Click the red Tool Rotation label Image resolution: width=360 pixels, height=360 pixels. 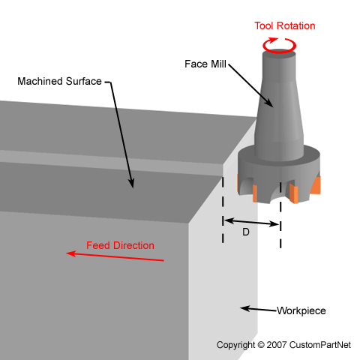point(285,25)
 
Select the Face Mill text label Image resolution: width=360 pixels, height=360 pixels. point(205,64)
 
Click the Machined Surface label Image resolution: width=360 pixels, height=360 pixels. point(59,81)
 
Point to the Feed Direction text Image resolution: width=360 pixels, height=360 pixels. point(120,245)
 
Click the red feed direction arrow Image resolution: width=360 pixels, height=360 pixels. point(115,256)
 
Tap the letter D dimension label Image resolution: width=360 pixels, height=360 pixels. point(246,232)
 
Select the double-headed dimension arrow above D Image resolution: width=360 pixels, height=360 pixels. point(251,222)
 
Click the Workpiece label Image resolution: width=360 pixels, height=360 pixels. point(301,310)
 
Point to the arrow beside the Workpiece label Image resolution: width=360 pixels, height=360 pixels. point(258,309)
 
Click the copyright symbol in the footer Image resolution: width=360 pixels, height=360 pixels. point(261,345)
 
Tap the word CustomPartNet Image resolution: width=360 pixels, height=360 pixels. point(320,345)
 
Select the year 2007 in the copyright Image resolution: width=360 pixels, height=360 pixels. point(276,345)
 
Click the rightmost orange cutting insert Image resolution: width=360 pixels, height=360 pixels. point(316,185)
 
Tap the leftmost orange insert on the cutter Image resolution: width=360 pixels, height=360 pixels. point(238,183)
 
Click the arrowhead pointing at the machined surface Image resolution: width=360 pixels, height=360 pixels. point(131,183)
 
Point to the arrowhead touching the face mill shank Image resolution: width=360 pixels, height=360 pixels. point(269,103)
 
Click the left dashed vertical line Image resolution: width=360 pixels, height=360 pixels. point(223,209)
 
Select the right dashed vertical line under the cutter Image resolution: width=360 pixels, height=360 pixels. point(280,215)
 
